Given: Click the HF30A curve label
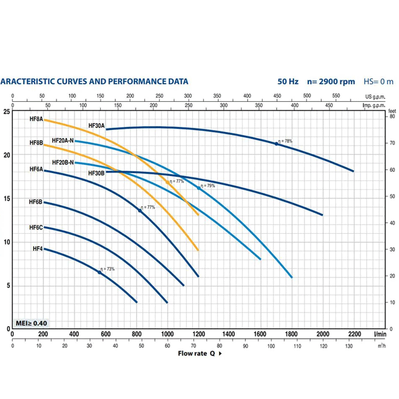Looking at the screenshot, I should [96, 126].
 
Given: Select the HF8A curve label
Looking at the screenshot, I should [36, 120].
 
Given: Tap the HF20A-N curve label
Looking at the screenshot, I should [63, 141].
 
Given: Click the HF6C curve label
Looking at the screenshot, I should [36, 228].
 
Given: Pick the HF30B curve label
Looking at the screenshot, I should [96, 173].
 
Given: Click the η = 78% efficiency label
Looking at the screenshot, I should [285, 141].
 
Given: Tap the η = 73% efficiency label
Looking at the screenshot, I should [107, 269].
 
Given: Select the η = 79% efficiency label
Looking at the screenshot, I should [207, 185].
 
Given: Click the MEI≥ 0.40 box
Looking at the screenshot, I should [30, 323].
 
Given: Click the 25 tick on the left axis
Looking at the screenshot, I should [7, 112].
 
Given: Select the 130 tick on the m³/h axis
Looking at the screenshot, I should [351, 347].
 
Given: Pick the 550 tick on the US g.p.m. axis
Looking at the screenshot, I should [336, 96].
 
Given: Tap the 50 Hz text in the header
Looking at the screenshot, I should [289, 81].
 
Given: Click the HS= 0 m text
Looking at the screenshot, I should [378, 81].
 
